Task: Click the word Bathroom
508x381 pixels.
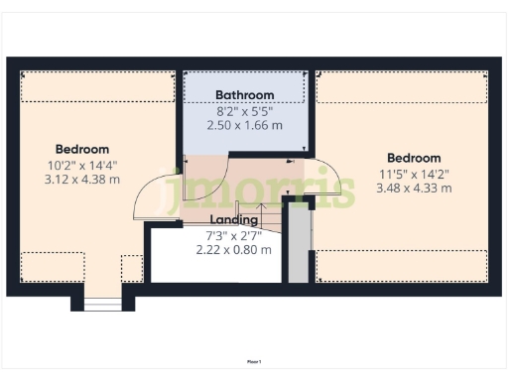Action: click(x=245, y=95)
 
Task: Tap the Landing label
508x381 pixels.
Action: click(x=234, y=219)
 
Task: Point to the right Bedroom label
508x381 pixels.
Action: click(x=414, y=158)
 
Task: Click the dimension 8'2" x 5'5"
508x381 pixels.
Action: click(x=245, y=111)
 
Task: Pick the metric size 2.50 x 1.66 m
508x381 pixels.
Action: click(x=245, y=126)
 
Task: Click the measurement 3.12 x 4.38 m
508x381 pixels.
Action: click(x=80, y=180)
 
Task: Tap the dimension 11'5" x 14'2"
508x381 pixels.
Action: click(x=414, y=173)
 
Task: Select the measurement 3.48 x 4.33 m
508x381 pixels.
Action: click(x=414, y=188)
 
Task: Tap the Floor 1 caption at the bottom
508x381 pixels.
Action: click(x=254, y=362)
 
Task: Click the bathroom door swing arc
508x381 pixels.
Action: click(x=210, y=170)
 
